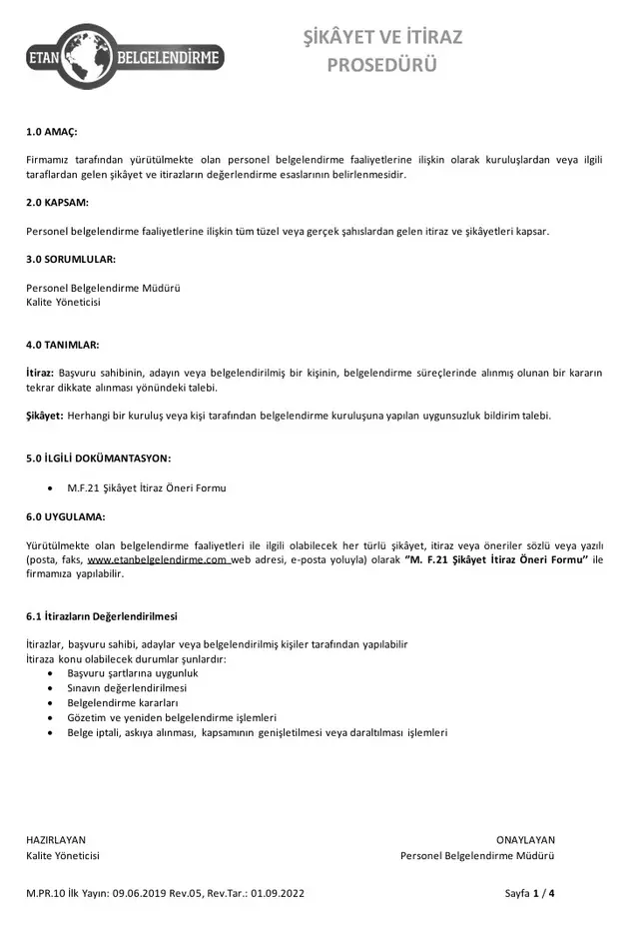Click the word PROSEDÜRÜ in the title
(x=382, y=66)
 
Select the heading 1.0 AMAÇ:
(x=51, y=132)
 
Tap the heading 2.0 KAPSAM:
(x=57, y=203)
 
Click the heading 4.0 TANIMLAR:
(x=62, y=345)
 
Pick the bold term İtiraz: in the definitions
(x=40, y=373)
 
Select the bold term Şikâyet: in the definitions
(x=45, y=416)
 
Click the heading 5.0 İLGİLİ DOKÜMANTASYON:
(x=98, y=459)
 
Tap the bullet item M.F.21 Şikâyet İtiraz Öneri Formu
(x=147, y=488)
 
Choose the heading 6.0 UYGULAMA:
(x=66, y=516)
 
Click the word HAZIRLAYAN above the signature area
(x=56, y=840)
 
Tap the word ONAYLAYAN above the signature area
(x=525, y=840)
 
